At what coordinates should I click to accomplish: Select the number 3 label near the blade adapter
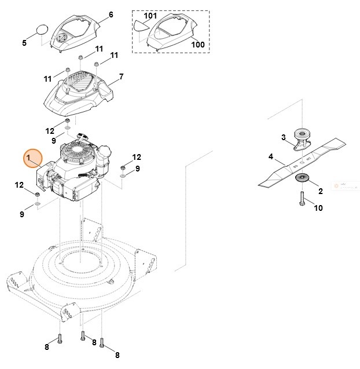283,137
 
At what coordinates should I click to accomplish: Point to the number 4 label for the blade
270,156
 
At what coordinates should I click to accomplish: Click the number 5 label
24,42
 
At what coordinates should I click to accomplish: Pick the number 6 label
111,14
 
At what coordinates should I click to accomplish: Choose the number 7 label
121,76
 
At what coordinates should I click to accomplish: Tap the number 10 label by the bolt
318,207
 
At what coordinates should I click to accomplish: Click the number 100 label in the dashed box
197,44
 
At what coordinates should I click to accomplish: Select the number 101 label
150,16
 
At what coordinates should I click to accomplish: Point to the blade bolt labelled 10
302,199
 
